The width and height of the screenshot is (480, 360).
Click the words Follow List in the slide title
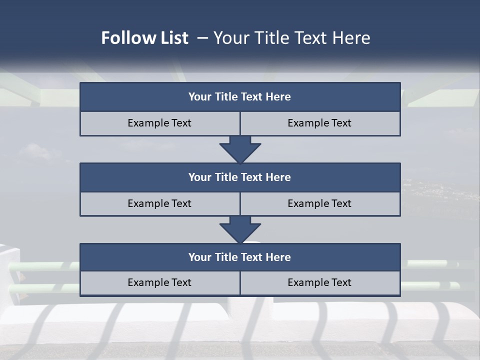pyautogui.click(x=144, y=38)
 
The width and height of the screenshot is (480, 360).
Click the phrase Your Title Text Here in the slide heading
pyautogui.click(x=291, y=38)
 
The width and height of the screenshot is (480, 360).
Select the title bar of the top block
pyautogui.click(x=240, y=97)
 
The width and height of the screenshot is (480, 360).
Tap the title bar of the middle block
pyautogui.click(x=240, y=177)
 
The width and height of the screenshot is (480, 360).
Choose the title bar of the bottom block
pyautogui.click(x=240, y=257)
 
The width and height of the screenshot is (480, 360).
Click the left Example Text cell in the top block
pyautogui.click(x=159, y=123)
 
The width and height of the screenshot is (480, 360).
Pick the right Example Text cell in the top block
pyautogui.click(x=319, y=123)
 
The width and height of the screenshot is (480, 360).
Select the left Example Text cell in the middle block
pyautogui.click(x=159, y=203)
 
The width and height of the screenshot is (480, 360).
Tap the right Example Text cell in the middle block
pyautogui.click(x=319, y=203)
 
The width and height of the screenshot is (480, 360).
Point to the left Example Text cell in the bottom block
pyautogui.click(x=159, y=282)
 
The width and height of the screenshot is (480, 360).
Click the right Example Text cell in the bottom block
pyautogui.click(x=319, y=282)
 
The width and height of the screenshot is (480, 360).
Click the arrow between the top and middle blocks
pyautogui.click(x=240, y=149)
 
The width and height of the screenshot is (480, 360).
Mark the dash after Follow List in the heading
pyautogui.click(x=202, y=38)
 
